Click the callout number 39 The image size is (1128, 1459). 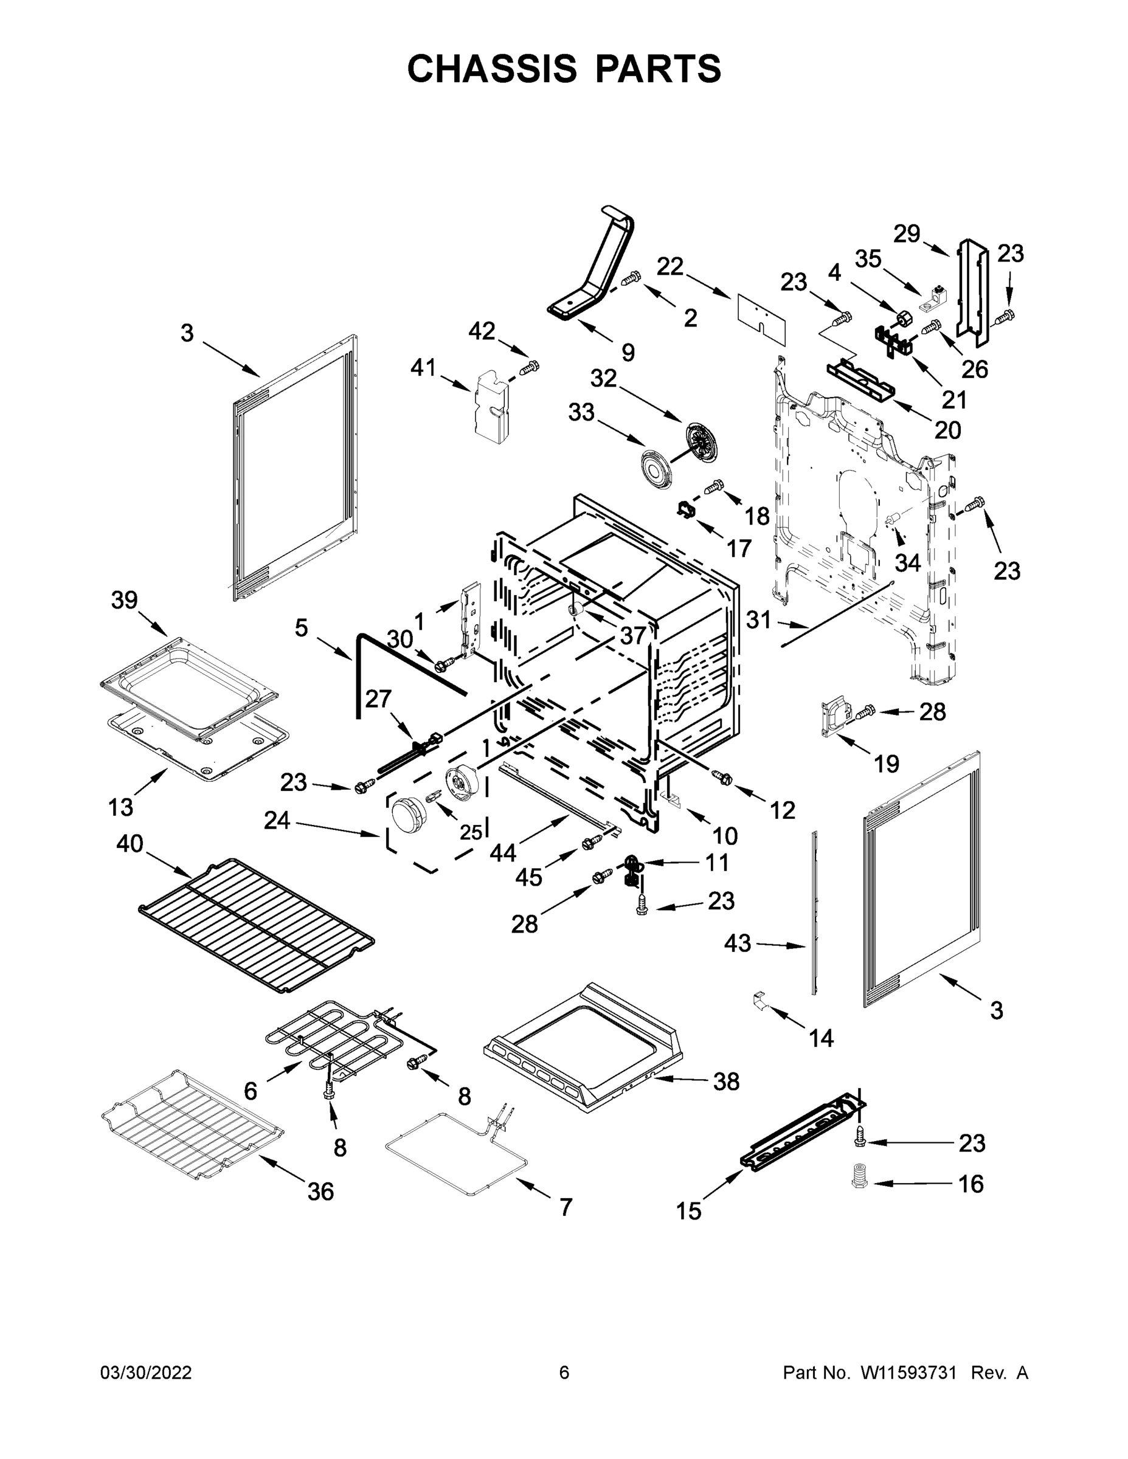(124, 600)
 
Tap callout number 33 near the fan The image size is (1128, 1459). (581, 412)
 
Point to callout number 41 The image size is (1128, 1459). (424, 367)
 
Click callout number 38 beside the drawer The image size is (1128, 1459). (727, 1081)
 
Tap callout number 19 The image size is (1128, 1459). (887, 764)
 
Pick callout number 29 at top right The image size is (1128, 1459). (907, 234)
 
